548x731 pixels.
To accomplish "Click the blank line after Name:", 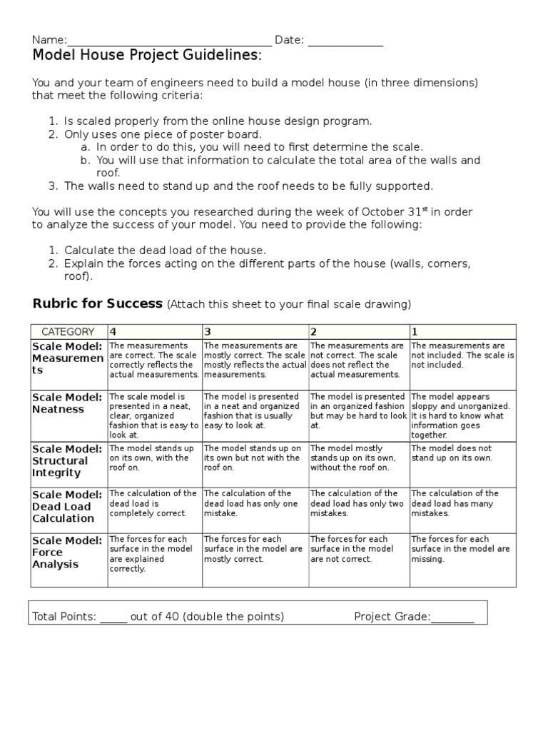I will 169,41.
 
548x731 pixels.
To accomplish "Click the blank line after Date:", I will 345,41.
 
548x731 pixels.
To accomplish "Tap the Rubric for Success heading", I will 98,303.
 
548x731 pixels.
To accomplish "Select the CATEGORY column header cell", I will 68,331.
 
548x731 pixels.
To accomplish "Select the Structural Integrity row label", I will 68,460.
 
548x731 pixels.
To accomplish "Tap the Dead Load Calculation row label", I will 68,506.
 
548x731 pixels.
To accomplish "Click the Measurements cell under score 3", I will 254,360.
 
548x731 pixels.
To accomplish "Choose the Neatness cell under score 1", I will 462,415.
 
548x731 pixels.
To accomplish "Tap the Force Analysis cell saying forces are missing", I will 462,549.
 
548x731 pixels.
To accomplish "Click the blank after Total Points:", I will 113,617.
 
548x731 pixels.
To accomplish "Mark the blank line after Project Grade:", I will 452,617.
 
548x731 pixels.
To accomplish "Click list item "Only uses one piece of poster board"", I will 163,134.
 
